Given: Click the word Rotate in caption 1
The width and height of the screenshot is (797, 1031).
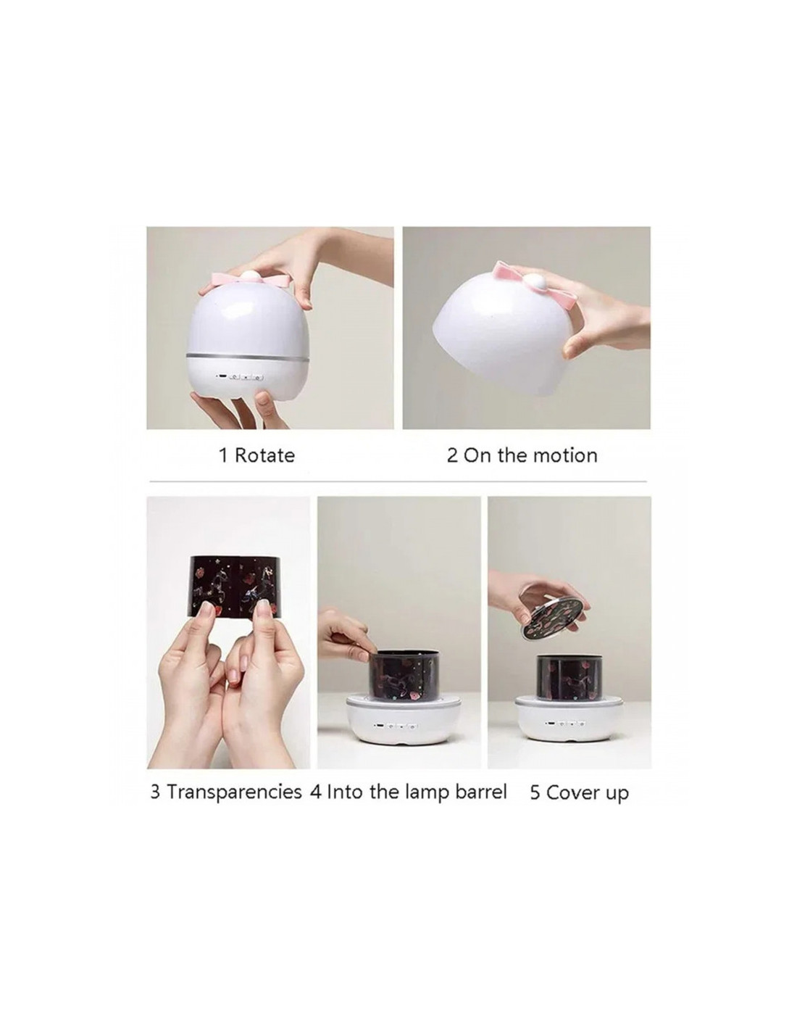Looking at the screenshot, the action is [264, 455].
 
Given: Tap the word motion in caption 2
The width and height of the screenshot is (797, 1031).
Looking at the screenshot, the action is [565, 455].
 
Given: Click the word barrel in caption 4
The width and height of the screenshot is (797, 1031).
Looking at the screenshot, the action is [481, 792].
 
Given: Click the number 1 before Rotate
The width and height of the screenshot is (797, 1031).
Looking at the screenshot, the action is [223, 455].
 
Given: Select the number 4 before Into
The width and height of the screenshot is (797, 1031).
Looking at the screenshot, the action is [316, 792].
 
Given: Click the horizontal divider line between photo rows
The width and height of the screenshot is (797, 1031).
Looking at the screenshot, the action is [397, 481].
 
